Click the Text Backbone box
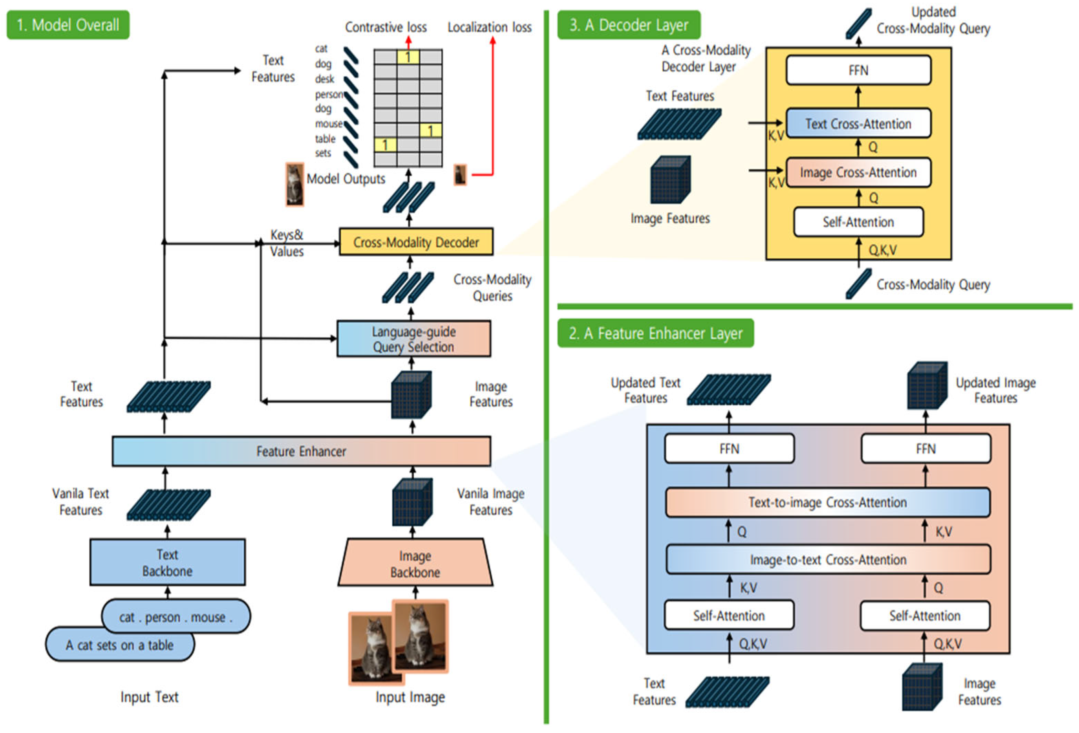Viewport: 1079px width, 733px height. [167, 562]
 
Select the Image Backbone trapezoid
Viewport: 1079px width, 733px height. [415, 563]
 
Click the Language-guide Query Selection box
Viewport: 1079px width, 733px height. [413, 339]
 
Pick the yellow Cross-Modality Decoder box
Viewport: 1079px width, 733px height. [416, 242]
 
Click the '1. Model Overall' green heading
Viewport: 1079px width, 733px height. [68, 25]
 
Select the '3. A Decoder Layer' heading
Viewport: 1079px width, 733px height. [629, 25]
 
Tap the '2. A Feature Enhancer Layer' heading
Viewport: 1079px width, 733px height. [655, 333]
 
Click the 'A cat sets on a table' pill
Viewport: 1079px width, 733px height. [119, 645]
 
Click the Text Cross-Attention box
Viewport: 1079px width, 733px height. [858, 123]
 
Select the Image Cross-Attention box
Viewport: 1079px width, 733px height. [858, 173]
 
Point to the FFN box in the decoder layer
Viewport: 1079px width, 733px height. [858, 70]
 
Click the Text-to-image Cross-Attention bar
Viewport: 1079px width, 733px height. [827, 502]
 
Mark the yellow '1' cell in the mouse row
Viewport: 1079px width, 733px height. [430, 130]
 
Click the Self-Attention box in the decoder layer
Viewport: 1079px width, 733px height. [858, 222]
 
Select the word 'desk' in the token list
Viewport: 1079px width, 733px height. [324, 79]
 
